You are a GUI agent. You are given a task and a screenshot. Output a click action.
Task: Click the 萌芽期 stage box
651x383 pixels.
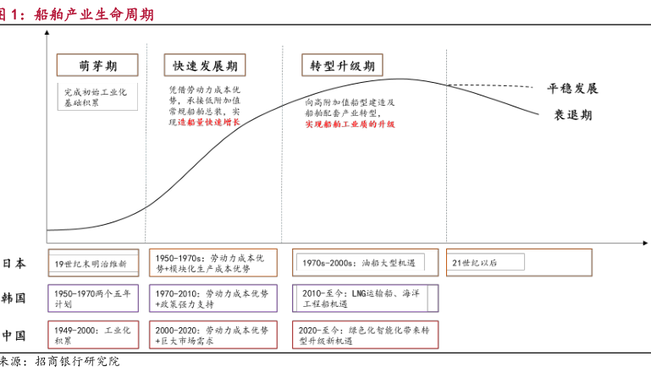[x=98, y=65]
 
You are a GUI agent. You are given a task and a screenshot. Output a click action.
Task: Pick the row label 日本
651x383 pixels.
[x=14, y=263]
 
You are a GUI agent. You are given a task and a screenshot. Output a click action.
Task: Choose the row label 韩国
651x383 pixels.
[x=14, y=298]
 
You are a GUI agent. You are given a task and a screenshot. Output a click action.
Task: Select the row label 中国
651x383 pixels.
[x=14, y=335]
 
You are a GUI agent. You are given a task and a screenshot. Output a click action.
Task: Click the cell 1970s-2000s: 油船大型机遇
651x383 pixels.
[x=365, y=263]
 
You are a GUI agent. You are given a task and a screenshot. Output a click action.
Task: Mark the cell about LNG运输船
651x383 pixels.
[x=365, y=298]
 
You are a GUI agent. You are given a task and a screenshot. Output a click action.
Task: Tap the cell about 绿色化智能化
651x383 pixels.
[x=365, y=335]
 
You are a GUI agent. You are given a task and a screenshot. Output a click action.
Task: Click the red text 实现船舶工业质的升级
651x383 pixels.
[x=350, y=124]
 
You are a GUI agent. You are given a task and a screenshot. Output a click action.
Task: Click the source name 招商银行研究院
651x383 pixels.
[x=76, y=362]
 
